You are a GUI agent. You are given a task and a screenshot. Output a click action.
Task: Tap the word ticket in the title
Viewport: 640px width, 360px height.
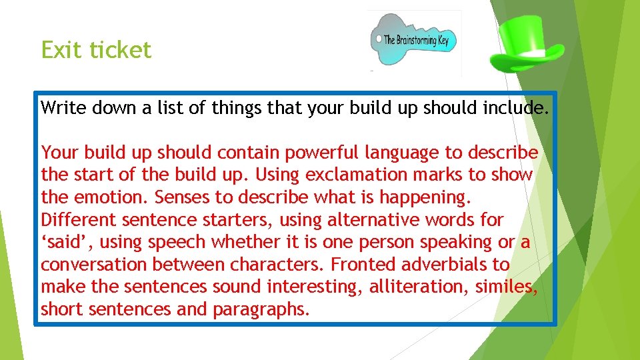click(x=121, y=50)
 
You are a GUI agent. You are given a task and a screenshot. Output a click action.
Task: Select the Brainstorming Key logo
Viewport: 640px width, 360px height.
click(x=415, y=41)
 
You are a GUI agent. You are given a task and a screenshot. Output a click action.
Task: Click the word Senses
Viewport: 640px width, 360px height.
click(x=192, y=198)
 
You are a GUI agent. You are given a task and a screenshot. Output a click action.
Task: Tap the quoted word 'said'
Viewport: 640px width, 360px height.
click(x=61, y=243)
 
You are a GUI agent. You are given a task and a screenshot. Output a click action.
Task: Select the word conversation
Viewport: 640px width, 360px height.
click(x=94, y=265)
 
